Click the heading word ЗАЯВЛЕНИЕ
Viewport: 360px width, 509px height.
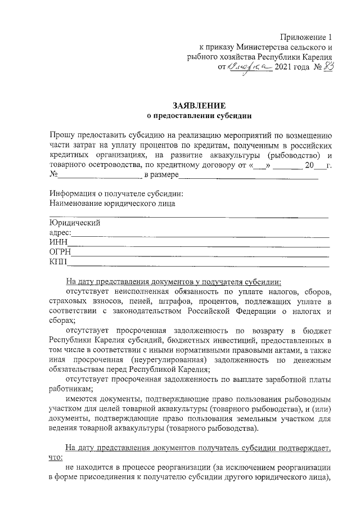point(199,106)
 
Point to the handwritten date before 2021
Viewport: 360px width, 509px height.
point(249,67)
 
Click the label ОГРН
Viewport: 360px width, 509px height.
point(60,253)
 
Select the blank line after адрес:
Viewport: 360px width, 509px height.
point(200,233)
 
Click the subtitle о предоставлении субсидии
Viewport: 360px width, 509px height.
point(199,116)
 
